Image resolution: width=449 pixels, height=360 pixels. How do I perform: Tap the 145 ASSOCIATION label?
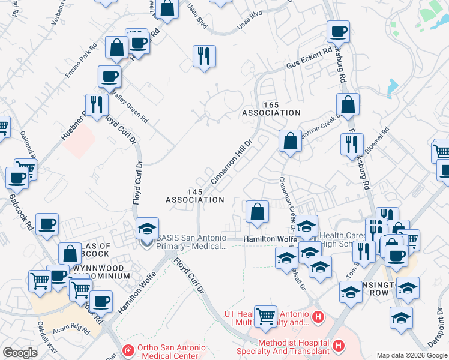(x=195, y=196)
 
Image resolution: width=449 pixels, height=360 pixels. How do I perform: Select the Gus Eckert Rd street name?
(x=309, y=58)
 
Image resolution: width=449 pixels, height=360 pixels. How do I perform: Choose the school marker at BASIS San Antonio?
(x=147, y=229)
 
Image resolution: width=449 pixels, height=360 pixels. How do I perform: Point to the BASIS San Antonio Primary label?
(x=191, y=238)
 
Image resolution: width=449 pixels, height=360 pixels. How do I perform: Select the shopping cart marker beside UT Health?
(x=265, y=316)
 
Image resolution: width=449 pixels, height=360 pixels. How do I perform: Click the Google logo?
(x=20, y=353)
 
